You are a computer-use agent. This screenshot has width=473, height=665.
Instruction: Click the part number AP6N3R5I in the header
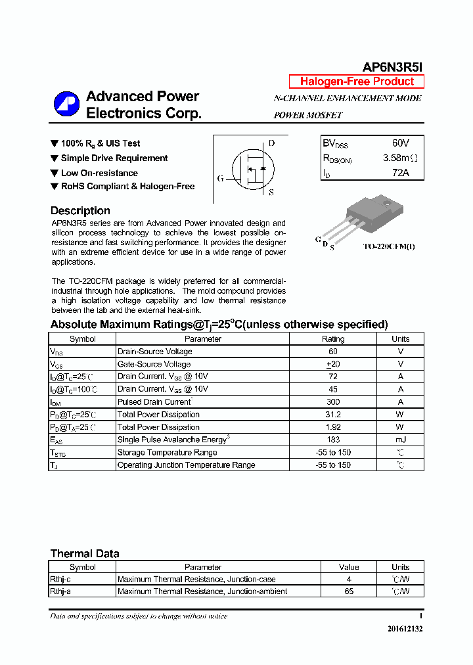coord(393,67)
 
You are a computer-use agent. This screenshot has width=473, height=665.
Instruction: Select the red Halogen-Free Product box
coord(357,81)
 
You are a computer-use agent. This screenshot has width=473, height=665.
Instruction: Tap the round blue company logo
coord(66,104)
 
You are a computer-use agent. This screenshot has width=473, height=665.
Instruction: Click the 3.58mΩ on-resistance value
coord(399,158)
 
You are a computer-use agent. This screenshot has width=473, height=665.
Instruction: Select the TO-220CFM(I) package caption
coord(390,246)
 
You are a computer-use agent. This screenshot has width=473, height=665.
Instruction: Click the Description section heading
coord(80,211)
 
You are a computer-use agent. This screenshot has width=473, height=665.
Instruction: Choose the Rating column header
coord(332,339)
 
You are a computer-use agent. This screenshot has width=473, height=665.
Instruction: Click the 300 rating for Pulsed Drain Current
coord(332,402)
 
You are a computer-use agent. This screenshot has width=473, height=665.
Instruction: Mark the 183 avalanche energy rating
coord(332,440)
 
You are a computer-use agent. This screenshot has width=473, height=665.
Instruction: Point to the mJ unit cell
coord(400,440)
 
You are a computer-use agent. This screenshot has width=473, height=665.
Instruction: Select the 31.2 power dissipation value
coord(332,415)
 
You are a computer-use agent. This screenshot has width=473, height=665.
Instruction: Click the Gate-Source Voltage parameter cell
coord(154,364)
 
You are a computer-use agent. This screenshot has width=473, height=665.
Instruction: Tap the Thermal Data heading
coord(85,553)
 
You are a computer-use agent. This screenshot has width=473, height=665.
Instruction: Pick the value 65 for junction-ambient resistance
coord(349,591)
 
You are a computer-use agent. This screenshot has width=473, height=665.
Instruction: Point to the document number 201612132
coord(405,629)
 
